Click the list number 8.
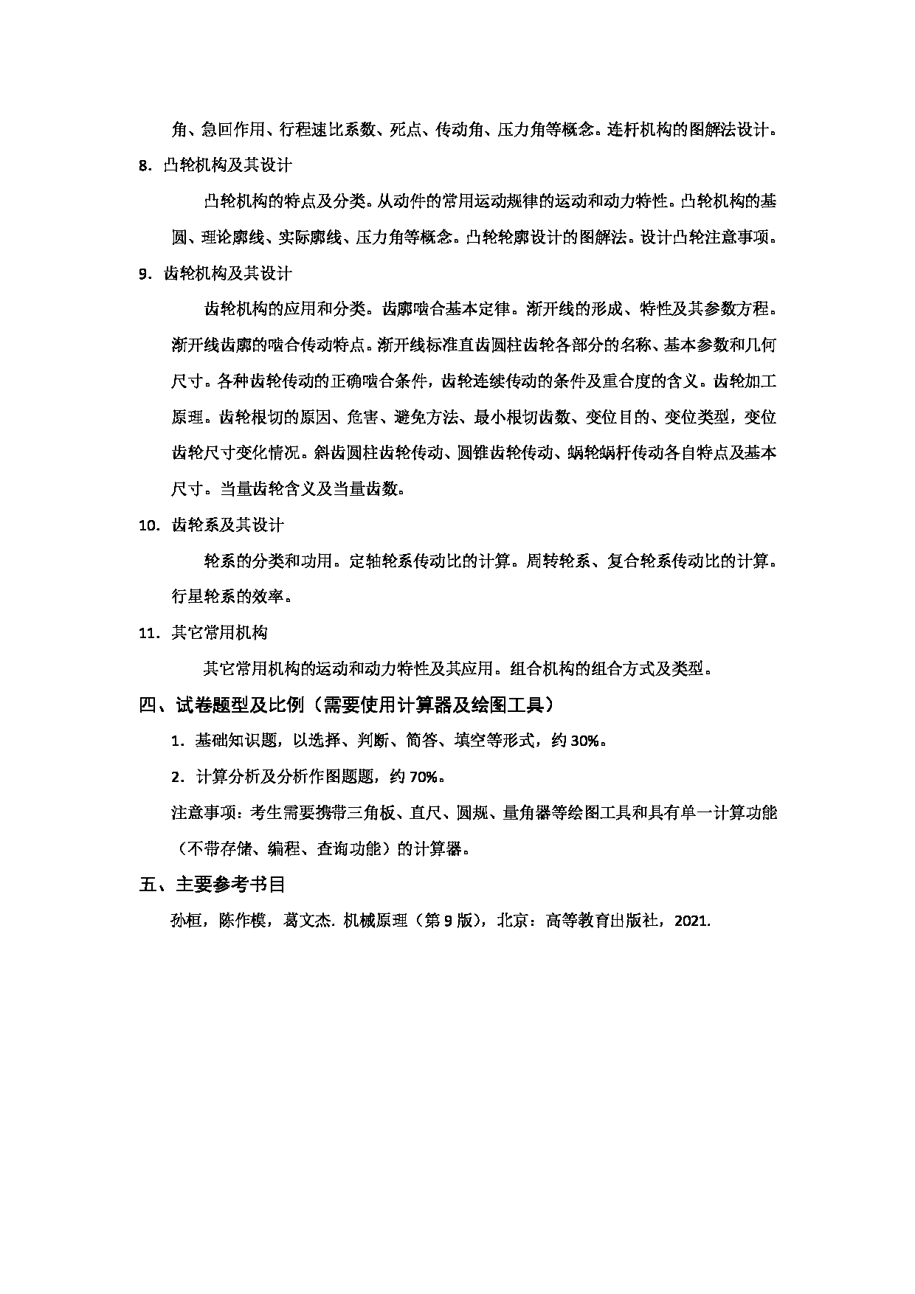coord(144,166)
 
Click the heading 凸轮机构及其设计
coord(227,166)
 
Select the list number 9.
coord(144,274)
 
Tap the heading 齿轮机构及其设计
coord(227,274)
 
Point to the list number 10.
coord(150,525)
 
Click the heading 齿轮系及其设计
coord(227,525)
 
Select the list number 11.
coord(150,633)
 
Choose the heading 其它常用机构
coord(219,633)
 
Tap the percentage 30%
coord(585,741)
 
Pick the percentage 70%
coord(424,776)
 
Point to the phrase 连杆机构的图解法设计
coord(689,130)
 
